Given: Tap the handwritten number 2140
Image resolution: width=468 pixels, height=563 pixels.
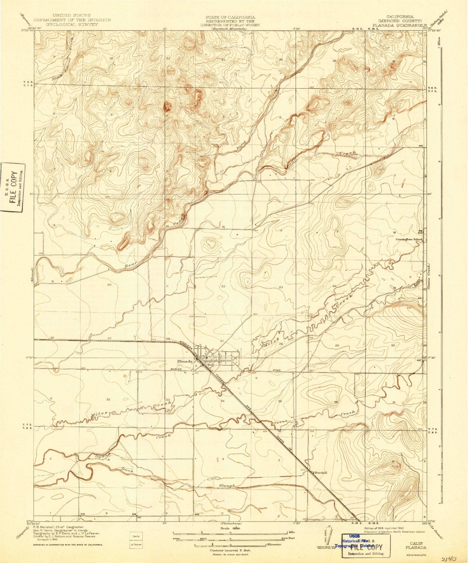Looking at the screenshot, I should pos(448,558).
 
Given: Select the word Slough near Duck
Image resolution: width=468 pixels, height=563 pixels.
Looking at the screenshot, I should pos(226,485).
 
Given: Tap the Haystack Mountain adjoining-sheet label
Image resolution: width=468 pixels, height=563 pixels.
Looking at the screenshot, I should pos(229,29).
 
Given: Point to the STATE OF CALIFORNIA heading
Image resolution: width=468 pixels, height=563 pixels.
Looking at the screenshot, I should pos(230,17).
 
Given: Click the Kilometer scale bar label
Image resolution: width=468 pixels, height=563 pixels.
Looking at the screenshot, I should pos(274,545).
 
